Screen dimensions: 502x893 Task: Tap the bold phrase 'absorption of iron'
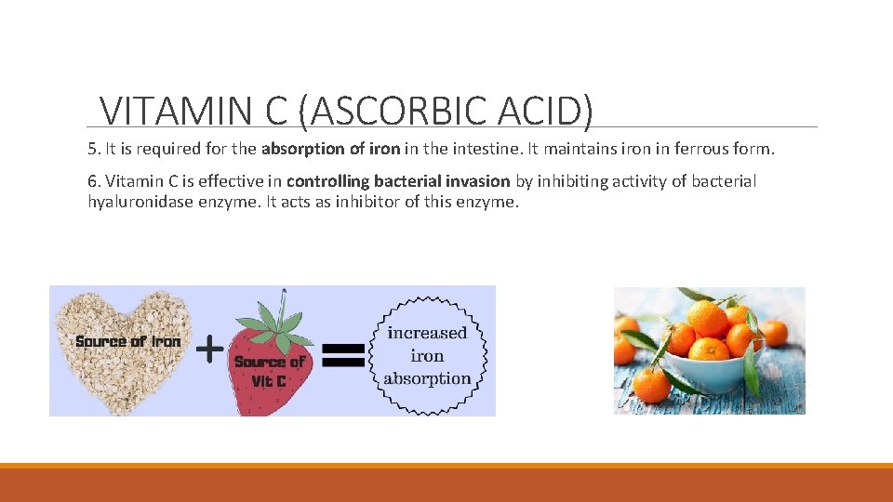point(331,149)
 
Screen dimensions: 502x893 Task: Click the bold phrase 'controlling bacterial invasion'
point(398,181)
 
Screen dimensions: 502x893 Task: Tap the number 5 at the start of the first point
point(92,149)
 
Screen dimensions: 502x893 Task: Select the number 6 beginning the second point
point(92,181)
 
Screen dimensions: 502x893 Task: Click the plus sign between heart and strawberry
point(212,350)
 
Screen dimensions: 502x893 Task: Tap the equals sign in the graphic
point(342,353)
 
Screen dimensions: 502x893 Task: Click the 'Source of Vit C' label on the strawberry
point(269,371)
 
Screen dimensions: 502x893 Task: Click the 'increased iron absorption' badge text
point(428,355)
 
